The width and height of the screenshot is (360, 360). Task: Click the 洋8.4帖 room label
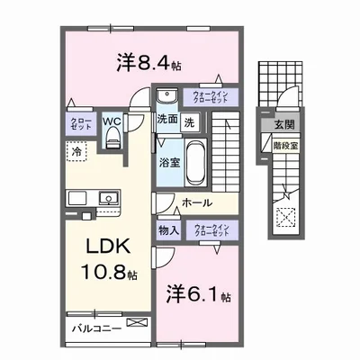[x=149, y=64]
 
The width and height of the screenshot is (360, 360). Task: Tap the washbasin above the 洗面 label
[x=167, y=96]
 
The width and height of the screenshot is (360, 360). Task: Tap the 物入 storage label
[x=168, y=230]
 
